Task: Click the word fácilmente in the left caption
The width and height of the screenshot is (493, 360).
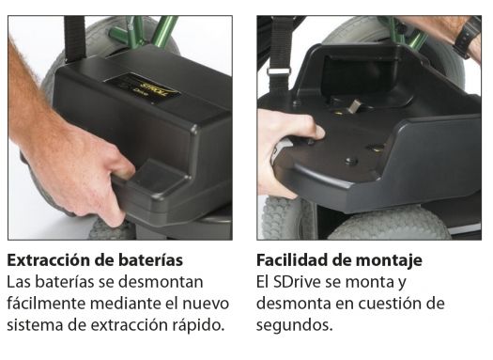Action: pyautogui.click(x=46, y=304)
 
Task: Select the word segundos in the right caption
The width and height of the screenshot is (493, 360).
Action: pyautogui.click(x=294, y=326)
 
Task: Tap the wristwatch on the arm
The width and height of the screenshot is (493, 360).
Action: pyautogui.click(x=467, y=38)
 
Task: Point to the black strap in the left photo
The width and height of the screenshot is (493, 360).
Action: pyautogui.click(x=75, y=39)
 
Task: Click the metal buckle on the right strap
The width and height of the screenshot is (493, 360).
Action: pyautogui.click(x=279, y=71)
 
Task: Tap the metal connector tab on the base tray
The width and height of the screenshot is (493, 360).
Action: pyautogui.click(x=353, y=106)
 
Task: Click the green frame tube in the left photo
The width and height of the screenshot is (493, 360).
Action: pyautogui.click(x=163, y=31)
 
